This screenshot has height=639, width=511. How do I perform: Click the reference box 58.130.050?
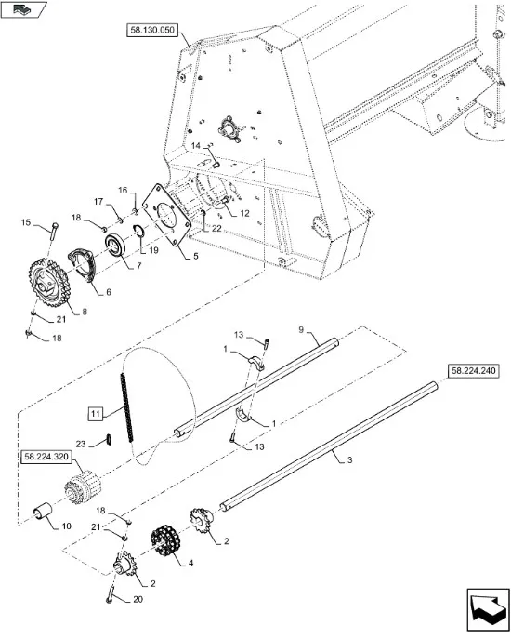pyautogui.click(x=152, y=30)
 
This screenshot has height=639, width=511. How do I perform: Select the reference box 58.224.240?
pyautogui.click(x=473, y=371)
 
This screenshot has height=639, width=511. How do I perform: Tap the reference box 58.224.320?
pyautogui.click(x=46, y=457)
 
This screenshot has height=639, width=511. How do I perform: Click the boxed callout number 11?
pyautogui.click(x=96, y=414)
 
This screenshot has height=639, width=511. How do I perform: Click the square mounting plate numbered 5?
pyautogui.click(x=166, y=215)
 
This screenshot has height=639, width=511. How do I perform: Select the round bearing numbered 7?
pyautogui.click(x=117, y=246)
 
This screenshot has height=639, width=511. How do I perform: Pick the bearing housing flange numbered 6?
pyautogui.click(x=83, y=265)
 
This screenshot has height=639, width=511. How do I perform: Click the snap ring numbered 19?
pyautogui.click(x=139, y=232)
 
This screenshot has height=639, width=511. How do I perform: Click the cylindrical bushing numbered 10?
pyautogui.click(x=43, y=511)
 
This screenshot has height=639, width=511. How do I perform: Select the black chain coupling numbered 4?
pyautogui.click(x=165, y=540)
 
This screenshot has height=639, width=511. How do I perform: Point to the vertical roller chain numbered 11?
pyautogui.click(x=126, y=407)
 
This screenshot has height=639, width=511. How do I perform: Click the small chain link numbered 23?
pyautogui.click(x=110, y=439)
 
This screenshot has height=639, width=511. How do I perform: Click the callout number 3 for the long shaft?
pyautogui.click(x=349, y=460)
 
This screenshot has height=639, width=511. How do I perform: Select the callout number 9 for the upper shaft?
pyautogui.click(x=301, y=329)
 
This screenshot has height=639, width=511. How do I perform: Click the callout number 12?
pyautogui.click(x=244, y=213)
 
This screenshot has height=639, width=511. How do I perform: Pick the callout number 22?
pyautogui.click(x=216, y=228)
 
